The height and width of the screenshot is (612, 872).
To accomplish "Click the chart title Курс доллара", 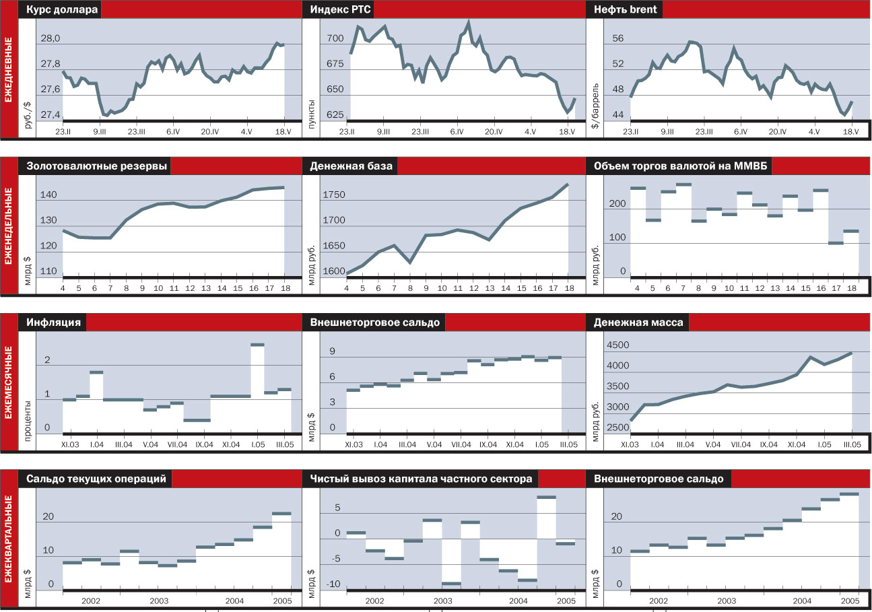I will [62, 10].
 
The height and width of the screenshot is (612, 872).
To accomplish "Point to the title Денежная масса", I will [638, 322].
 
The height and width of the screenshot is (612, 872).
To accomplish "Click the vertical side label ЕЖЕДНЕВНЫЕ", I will [9, 71].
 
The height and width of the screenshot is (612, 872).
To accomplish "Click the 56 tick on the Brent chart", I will [618, 39].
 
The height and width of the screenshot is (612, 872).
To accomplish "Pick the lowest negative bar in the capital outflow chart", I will [451, 584].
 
